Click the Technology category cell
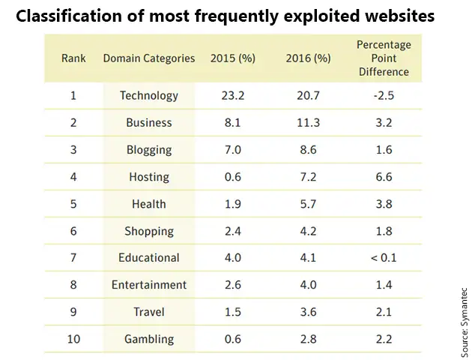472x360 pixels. pyautogui.click(x=149, y=95)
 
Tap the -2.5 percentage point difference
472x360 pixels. pyautogui.click(x=383, y=95)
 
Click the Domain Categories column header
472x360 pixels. pyautogui.click(x=149, y=58)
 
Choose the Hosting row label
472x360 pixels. pyautogui.click(x=149, y=177)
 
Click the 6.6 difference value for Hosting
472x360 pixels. pyautogui.click(x=383, y=177)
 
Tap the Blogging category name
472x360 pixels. pyautogui.click(x=149, y=149)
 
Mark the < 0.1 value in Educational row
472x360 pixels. pyautogui.click(x=383, y=258)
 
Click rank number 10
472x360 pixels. pyautogui.click(x=74, y=339)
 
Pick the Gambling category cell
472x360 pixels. pyautogui.click(x=149, y=339)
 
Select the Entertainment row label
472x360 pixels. pyautogui.click(x=149, y=285)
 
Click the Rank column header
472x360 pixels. pyautogui.click(x=74, y=58)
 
